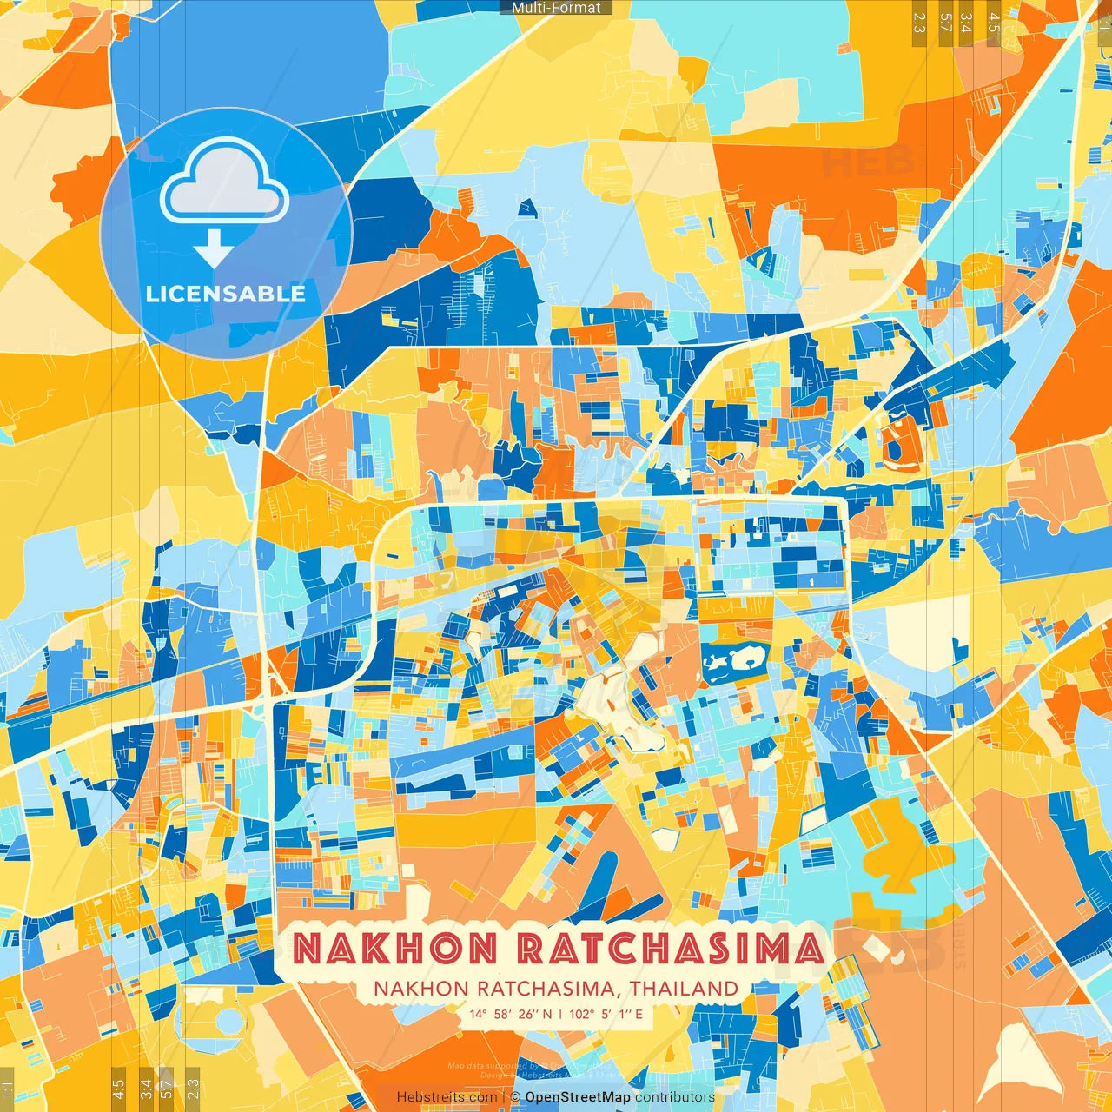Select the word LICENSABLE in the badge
coord(226,294)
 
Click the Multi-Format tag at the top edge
coord(556,8)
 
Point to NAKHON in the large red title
coord(395,948)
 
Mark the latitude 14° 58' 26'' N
coord(511,1014)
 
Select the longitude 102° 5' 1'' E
coord(606,1014)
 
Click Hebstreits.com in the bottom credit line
coord(447,1097)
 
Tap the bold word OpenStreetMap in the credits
coord(578,1097)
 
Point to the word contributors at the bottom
coord(675,1097)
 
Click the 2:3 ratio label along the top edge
coord(919,23)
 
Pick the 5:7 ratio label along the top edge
coord(945,23)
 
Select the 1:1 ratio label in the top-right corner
coord(1103,19)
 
